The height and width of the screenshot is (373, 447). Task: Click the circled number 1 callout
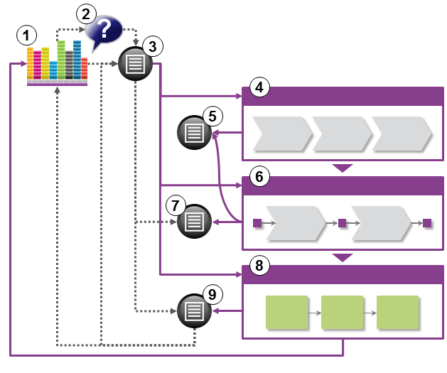pyautogui.click(x=27, y=36)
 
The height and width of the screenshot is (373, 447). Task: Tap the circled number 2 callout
pyautogui.click(x=87, y=13)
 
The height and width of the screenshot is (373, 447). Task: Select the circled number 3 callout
pyautogui.click(x=152, y=46)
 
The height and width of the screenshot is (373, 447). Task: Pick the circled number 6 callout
pyautogui.click(x=260, y=177)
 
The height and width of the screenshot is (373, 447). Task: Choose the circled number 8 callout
pyautogui.click(x=260, y=266)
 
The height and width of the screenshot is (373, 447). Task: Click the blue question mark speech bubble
pyautogui.click(x=104, y=30)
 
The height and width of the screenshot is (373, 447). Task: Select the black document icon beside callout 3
pyautogui.click(x=136, y=64)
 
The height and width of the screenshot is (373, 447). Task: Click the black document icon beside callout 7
pyautogui.click(x=195, y=222)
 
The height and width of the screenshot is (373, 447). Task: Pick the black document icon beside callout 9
pyautogui.click(x=195, y=310)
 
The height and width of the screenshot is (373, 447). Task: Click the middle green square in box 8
pyautogui.click(x=343, y=312)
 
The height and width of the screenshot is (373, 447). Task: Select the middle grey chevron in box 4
pyautogui.click(x=343, y=133)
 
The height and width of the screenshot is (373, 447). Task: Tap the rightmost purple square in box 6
pyautogui.click(x=426, y=223)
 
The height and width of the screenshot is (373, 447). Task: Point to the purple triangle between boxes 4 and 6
pyautogui.click(x=343, y=168)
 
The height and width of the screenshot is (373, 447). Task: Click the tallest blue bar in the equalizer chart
pyautogui.click(x=77, y=60)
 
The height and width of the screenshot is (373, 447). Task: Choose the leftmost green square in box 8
pyautogui.click(x=287, y=312)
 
